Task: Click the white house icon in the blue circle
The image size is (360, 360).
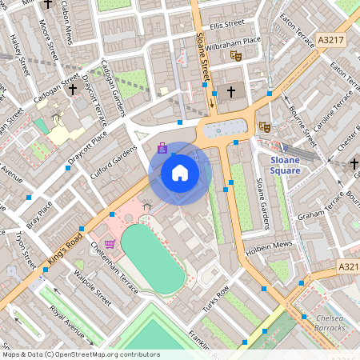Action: (180, 173)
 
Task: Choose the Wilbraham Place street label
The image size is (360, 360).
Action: (233, 40)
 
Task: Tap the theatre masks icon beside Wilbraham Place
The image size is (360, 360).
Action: (235, 56)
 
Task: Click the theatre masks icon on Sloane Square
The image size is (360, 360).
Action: (265, 126)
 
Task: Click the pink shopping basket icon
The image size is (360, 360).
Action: (110, 244)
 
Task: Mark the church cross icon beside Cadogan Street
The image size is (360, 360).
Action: (73, 89)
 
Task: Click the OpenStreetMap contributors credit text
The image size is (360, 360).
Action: (80, 354)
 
